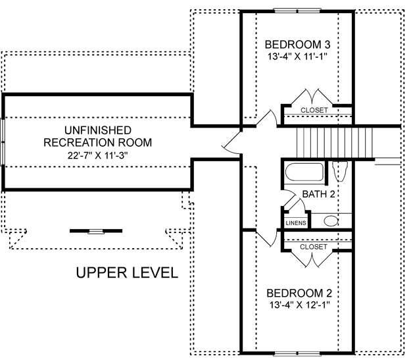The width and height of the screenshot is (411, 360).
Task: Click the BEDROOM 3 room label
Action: [x=297, y=44]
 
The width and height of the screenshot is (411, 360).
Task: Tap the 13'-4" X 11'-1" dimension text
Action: [x=297, y=57]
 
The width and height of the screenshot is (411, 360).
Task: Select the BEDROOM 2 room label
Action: [x=299, y=293]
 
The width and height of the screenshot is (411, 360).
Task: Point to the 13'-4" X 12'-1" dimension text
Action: [x=299, y=305]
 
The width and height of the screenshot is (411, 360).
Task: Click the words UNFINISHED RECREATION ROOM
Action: [x=98, y=136]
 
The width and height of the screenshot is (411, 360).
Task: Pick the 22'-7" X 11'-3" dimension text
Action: [x=97, y=155]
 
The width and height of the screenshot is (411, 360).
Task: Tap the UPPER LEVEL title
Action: [x=127, y=272]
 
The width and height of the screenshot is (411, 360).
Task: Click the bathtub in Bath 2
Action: [x=304, y=172]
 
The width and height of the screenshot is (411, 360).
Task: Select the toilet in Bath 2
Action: [x=339, y=171]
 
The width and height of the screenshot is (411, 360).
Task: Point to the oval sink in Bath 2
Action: [x=331, y=221]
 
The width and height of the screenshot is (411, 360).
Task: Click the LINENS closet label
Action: [x=296, y=223]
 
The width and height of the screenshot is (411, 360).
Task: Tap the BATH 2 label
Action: [x=318, y=194]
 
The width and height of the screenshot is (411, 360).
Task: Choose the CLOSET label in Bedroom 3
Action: [x=314, y=110]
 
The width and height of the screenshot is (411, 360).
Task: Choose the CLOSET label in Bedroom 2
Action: [x=314, y=247]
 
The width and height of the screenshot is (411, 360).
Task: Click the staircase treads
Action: [x=335, y=142]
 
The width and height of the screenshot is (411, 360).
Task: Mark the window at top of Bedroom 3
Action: [x=297, y=11]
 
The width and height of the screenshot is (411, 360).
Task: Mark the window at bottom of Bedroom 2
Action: [x=297, y=353]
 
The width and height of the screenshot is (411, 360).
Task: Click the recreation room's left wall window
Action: [x=3, y=142]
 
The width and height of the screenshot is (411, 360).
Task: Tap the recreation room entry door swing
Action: [x=231, y=144]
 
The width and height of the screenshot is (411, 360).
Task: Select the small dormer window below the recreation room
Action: [x=96, y=231]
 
